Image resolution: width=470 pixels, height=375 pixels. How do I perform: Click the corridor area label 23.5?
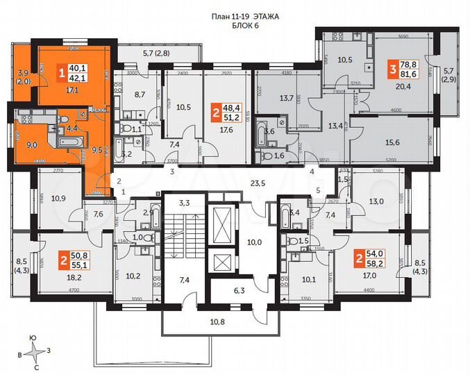pyautogui.click(x=259, y=183)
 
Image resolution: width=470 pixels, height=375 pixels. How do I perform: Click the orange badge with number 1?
pyautogui.click(x=61, y=72)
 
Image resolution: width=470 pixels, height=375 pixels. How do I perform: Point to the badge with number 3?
pyautogui.click(x=393, y=69)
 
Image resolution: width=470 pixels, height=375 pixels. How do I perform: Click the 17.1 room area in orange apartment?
pyautogui.click(x=72, y=90)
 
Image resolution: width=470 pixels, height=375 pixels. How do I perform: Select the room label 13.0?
pyautogui.click(x=376, y=201)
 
